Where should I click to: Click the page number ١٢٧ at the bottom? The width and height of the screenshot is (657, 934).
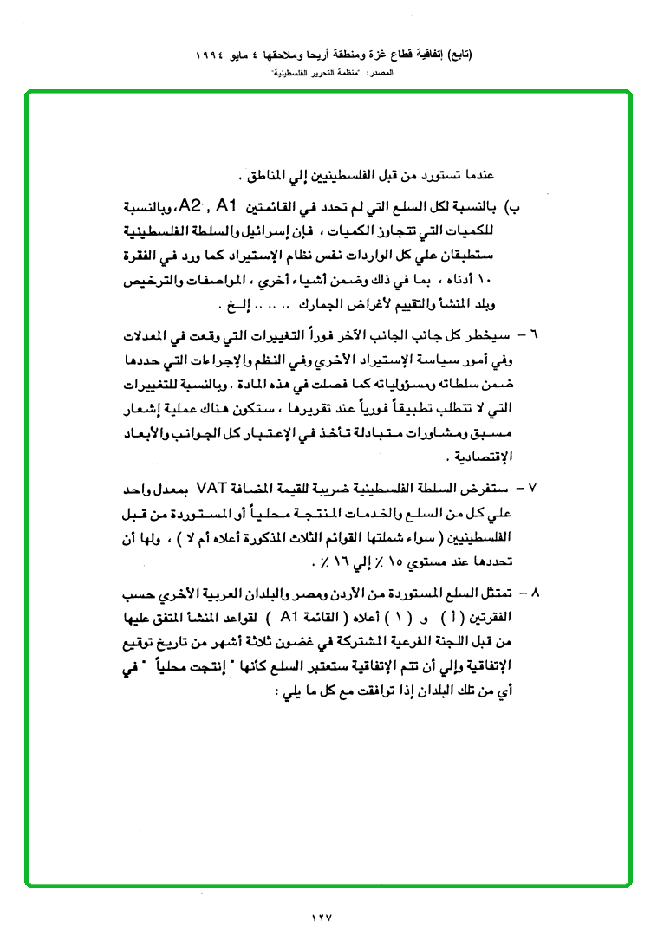pos(321,915)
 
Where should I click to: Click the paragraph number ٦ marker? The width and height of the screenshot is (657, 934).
pos(533,333)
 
